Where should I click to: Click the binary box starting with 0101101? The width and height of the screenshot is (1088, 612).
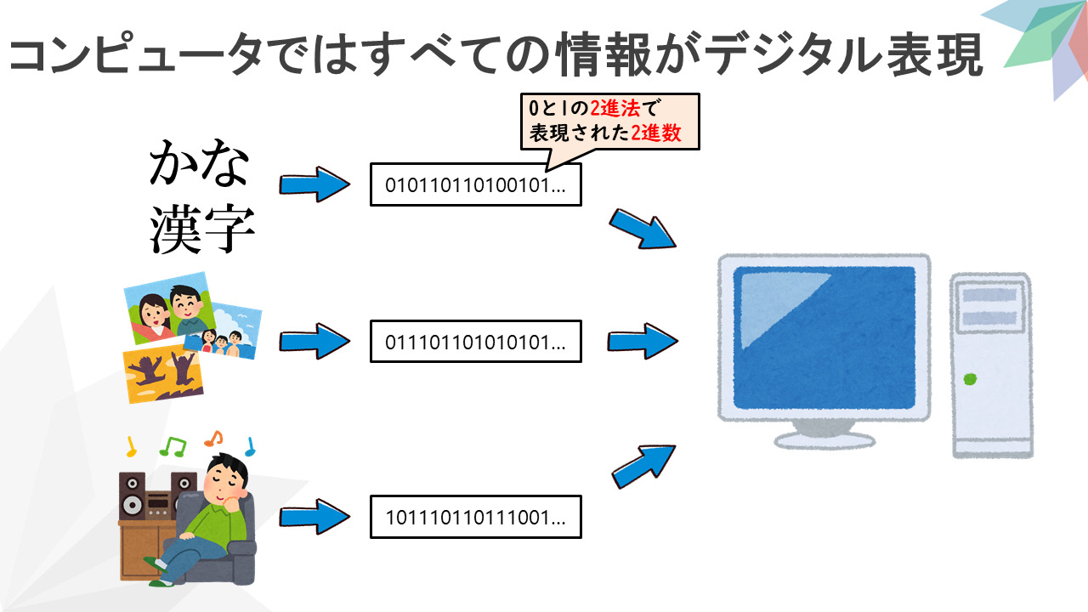pyautogui.click(x=475, y=184)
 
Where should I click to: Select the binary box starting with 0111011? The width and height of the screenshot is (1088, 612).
pyautogui.click(x=475, y=342)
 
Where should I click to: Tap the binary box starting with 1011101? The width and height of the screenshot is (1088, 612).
pyautogui.click(x=475, y=517)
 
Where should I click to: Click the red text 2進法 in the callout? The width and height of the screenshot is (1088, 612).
pyautogui.click(x=615, y=108)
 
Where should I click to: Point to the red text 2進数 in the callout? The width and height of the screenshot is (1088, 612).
pyautogui.click(x=655, y=133)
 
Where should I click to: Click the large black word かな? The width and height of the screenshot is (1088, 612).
pyautogui.click(x=199, y=162)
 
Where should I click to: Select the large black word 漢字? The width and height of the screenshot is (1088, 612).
pyautogui.click(x=201, y=229)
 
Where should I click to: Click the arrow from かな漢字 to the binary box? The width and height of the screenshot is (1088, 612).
pyautogui.click(x=314, y=184)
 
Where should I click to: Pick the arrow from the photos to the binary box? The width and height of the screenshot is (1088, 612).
pyautogui.click(x=314, y=342)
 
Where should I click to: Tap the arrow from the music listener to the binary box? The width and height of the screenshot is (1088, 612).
pyautogui.click(x=314, y=517)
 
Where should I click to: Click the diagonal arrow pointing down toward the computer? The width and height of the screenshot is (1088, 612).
pyautogui.click(x=643, y=229)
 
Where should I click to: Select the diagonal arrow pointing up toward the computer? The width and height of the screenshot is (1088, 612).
pyautogui.click(x=643, y=467)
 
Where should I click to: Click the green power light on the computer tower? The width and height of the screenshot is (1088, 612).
pyautogui.click(x=970, y=379)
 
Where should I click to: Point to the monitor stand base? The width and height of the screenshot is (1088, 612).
pyautogui.click(x=824, y=440)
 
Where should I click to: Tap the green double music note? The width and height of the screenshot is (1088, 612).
pyautogui.click(x=173, y=447)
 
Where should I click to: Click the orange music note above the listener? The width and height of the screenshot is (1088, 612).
pyautogui.click(x=213, y=439)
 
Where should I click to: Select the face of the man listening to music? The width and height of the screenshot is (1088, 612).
pyautogui.click(x=226, y=482)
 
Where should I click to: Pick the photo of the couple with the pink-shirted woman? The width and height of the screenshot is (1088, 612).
pyautogui.click(x=169, y=308)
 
